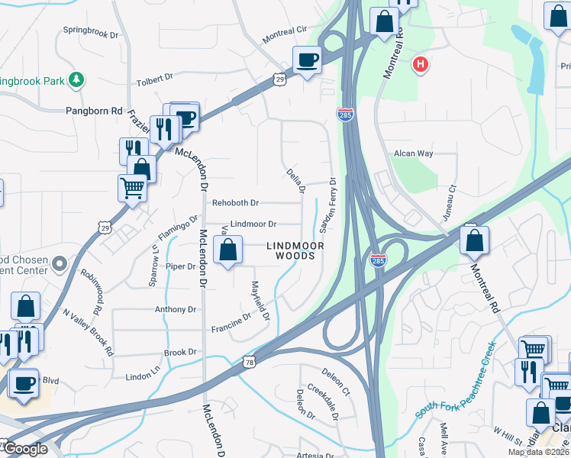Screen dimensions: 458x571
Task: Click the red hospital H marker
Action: click(419, 65)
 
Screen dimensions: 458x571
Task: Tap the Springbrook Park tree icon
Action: click(76, 79)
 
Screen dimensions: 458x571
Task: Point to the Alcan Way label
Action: click(413, 153)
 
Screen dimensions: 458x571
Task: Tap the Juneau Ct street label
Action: click(452, 198)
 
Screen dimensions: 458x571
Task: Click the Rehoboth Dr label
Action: click(236, 203)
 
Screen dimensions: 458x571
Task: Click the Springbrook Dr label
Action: click(92, 34)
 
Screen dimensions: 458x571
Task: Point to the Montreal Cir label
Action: click(284, 34)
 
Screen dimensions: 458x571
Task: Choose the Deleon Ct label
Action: click(336, 382)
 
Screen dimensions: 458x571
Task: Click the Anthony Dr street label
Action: click(176, 309)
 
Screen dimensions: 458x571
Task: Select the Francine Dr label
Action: click(232, 323)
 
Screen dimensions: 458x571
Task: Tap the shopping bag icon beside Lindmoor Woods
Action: click(227, 250)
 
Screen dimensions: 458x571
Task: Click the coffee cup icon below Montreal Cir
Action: click(308, 60)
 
